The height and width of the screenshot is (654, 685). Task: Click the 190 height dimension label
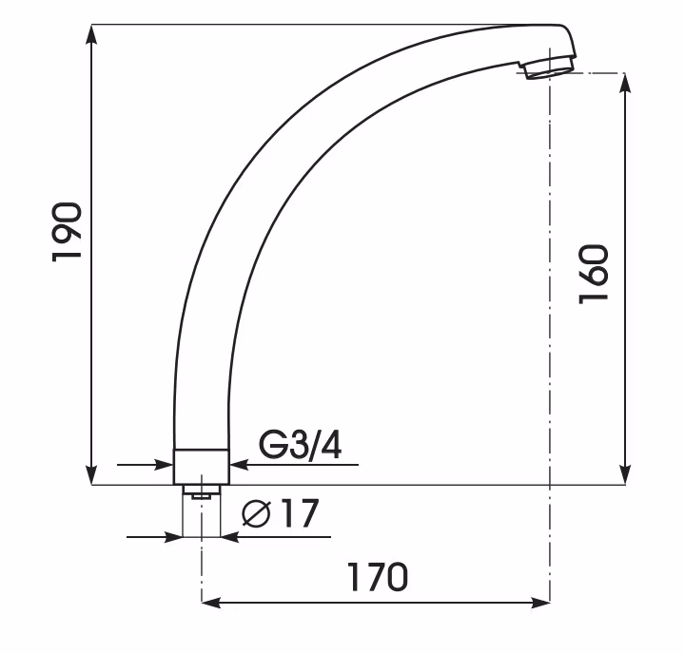pyautogui.click(x=67, y=231)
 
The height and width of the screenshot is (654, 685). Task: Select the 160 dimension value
pyautogui.click(x=594, y=274)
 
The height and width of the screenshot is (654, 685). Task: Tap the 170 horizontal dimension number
pyautogui.click(x=378, y=577)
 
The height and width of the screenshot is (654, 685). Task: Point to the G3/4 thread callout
pyautogui.click(x=300, y=445)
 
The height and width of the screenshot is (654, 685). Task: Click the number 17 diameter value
pyautogui.click(x=300, y=513)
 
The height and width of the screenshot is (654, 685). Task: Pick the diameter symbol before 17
pyautogui.click(x=257, y=514)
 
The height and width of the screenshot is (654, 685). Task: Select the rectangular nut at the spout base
pyautogui.click(x=201, y=467)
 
